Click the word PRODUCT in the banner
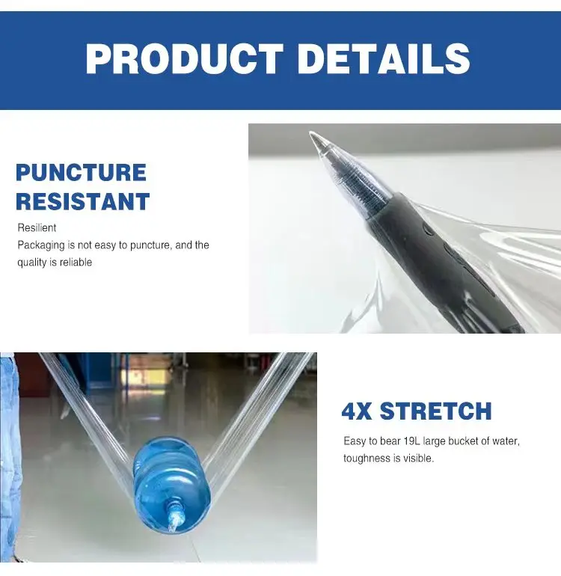tap(184, 59)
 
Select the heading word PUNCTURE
tap(81, 173)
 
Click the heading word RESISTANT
tap(83, 201)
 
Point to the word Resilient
tap(37, 227)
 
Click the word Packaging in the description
tap(42, 245)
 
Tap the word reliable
tap(75, 263)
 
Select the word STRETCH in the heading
tap(435, 411)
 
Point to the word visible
tap(418, 458)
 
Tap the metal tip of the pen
tap(317, 139)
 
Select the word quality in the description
tap(32, 263)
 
